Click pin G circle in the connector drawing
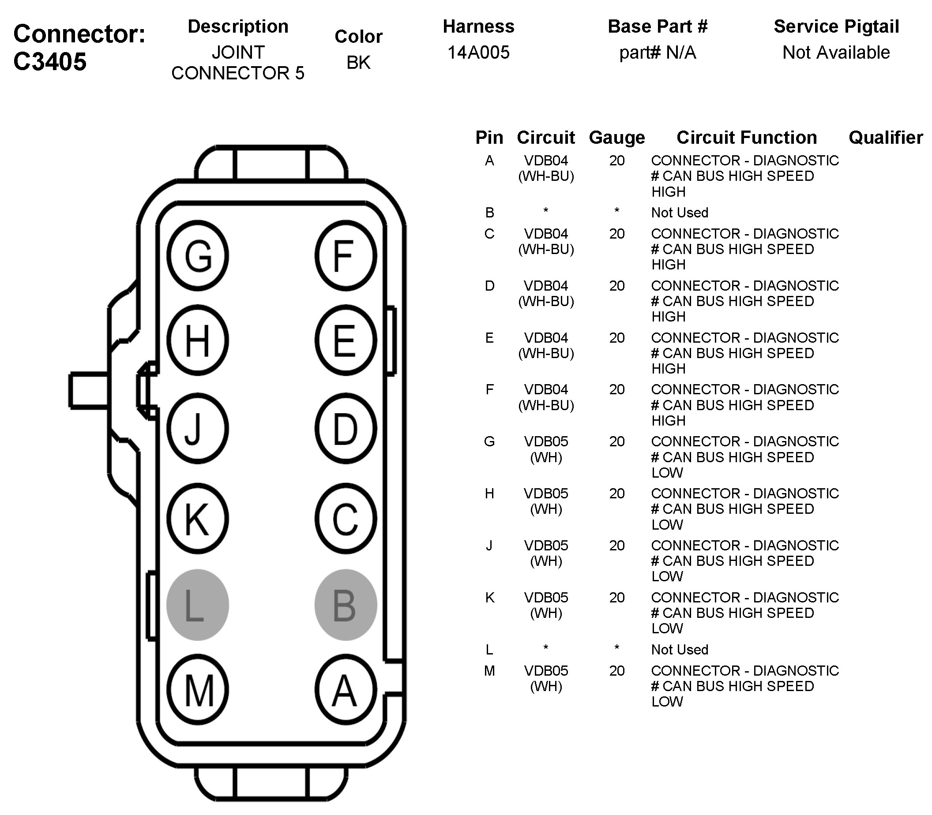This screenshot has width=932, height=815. [x=198, y=256]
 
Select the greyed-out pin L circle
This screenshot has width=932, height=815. [x=198, y=605]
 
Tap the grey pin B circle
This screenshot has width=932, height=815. [x=346, y=605]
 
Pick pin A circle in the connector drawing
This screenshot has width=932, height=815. [x=346, y=690]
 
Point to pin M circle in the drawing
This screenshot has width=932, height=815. [x=198, y=690]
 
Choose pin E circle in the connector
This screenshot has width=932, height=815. [x=346, y=340]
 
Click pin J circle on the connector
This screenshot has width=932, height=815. [x=198, y=428]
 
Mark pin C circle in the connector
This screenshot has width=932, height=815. [x=346, y=519]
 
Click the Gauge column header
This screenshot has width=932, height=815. [x=616, y=137]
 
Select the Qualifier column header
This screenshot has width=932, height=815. [x=886, y=137]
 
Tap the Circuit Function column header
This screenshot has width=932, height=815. [x=746, y=137]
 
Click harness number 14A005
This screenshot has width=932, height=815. [x=478, y=53]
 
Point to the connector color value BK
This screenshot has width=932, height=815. [x=358, y=63]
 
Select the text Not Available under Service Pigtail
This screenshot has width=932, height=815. [x=836, y=53]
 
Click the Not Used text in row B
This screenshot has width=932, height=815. [x=680, y=213]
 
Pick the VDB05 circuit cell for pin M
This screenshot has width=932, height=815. [x=545, y=670]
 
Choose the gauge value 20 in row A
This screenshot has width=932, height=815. [x=616, y=161]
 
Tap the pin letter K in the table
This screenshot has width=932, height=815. [x=489, y=598]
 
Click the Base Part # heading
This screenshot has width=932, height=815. [x=658, y=26]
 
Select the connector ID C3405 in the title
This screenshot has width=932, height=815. [x=50, y=61]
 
